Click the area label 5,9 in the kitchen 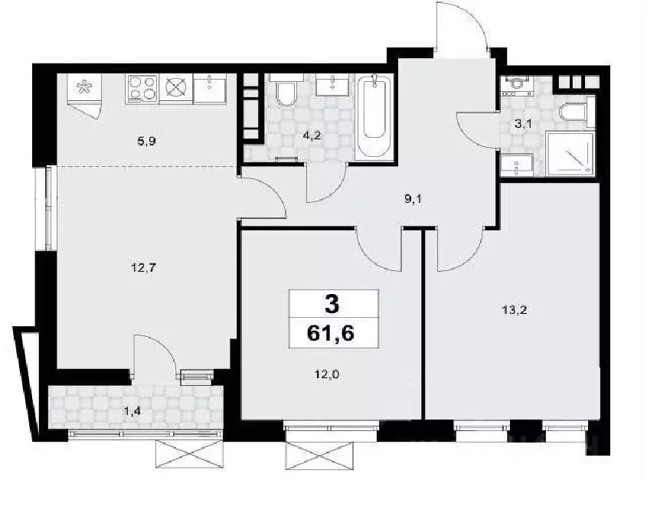point(146,141)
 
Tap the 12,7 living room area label point(144,268)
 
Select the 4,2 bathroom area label point(312,136)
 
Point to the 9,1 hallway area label point(413,199)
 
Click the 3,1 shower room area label point(523,124)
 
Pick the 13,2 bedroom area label point(515,310)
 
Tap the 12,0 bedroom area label point(327,374)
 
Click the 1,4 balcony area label point(132,412)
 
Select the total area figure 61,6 point(331,333)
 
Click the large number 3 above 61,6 point(332,304)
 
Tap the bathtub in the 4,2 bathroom point(374,117)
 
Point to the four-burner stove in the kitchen point(142,89)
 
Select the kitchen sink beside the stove point(209,88)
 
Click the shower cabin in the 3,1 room point(570,153)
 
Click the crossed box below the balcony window point(190,454)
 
